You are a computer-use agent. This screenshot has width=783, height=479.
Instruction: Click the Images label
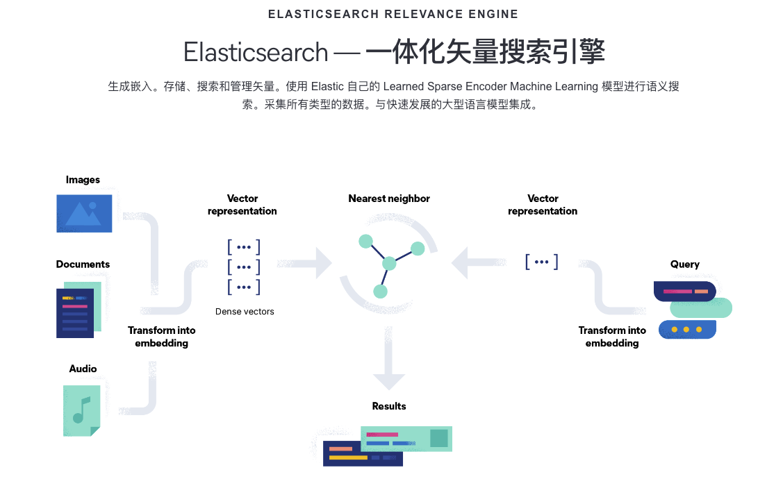[83, 180]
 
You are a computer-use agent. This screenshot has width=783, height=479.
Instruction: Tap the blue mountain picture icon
[84, 212]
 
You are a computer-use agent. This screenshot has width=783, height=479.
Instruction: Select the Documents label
[83, 264]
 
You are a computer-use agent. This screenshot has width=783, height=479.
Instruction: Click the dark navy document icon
[75, 313]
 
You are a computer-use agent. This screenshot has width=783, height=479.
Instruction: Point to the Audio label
[83, 369]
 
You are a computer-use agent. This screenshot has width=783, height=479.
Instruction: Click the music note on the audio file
[81, 410]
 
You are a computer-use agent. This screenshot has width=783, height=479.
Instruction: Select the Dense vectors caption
[245, 312]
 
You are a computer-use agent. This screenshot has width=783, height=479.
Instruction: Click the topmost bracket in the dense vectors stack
[243, 246]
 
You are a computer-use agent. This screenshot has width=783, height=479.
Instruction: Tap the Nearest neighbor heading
[389, 199]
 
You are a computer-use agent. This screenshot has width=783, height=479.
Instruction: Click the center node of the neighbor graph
[389, 263]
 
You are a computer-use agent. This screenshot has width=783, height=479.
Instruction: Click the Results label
[389, 406]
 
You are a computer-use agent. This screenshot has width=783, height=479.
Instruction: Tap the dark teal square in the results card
[438, 438]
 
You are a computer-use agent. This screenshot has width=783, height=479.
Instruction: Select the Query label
[685, 264]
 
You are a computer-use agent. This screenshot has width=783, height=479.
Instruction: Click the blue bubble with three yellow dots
[686, 329]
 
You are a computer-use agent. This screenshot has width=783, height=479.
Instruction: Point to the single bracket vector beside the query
[542, 262]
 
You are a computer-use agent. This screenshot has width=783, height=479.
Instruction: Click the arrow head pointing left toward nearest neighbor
[461, 263]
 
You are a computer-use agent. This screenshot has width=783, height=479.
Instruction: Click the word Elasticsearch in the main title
[256, 53]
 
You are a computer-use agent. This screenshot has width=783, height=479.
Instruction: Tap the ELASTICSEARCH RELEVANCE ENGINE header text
[393, 14]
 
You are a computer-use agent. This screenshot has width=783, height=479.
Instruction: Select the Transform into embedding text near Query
[612, 337]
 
